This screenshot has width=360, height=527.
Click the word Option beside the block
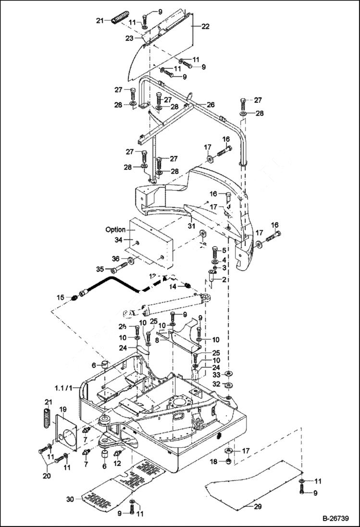[115, 230]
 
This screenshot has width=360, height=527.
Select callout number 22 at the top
[205, 27]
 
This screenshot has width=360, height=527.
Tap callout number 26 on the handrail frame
[211, 105]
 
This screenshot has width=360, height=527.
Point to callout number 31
[191, 226]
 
